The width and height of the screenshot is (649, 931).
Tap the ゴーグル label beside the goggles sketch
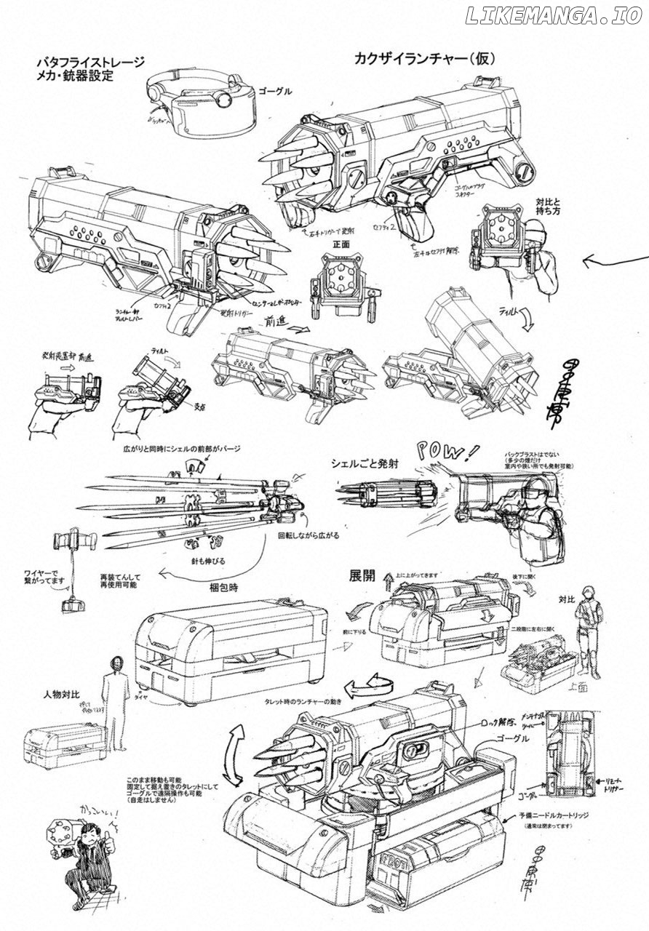[x=274, y=91]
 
